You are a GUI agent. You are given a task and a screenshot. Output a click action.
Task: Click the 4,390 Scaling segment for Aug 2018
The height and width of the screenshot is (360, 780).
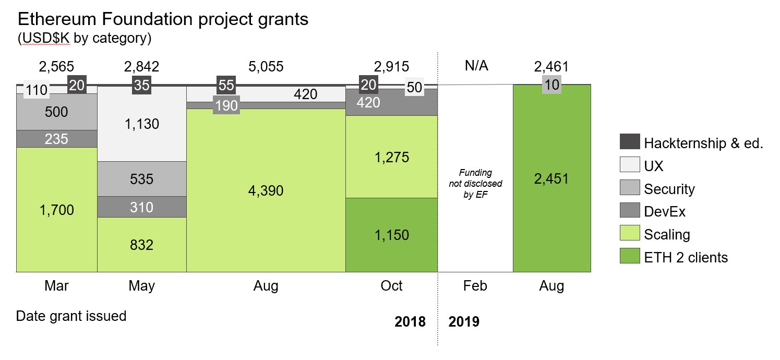point(266,191)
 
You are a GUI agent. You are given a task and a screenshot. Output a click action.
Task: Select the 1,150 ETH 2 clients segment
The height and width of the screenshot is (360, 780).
point(391,235)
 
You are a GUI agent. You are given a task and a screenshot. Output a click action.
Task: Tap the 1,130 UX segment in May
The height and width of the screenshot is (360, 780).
point(142,124)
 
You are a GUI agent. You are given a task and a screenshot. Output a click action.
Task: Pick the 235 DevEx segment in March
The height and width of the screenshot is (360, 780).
point(57,139)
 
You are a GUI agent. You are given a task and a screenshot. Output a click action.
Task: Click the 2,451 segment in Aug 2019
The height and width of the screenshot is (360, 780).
point(551,178)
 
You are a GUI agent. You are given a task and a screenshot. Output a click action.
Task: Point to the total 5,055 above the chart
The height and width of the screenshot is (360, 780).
point(266,67)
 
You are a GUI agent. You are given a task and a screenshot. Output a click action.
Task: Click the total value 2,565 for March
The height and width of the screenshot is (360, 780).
point(57,67)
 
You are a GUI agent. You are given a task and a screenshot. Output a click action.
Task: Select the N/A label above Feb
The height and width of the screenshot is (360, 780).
point(475,67)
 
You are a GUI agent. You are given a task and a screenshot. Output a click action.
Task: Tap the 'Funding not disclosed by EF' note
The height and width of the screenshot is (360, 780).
point(475,184)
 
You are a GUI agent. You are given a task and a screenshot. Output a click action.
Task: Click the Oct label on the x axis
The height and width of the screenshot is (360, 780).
point(391,286)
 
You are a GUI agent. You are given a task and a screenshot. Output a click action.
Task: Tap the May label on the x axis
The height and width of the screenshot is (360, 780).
point(142,286)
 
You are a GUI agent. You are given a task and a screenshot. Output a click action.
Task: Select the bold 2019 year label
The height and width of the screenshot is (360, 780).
point(464,321)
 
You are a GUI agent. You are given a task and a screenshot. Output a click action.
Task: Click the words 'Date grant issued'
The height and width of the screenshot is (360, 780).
point(71,316)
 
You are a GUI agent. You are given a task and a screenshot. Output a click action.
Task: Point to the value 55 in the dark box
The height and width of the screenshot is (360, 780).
point(226,85)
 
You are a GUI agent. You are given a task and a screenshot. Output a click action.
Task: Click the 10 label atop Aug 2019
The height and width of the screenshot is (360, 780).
point(551,85)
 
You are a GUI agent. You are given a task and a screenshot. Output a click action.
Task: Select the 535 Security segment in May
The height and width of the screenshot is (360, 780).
point(142,179)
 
